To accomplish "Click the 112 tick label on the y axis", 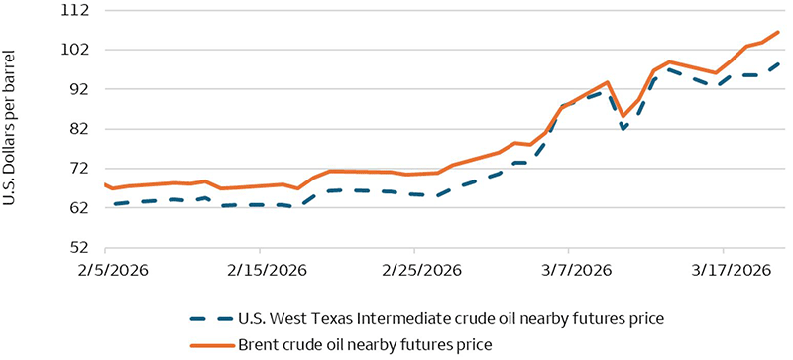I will [x=75, y=10].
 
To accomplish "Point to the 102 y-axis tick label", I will [x=75, y=50].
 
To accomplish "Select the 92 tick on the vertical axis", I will [x=78, y=89].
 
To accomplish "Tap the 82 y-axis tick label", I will [x=78, y=129].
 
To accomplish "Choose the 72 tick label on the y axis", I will [x=78, y=169].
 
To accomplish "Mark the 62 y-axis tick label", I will [x=78, y=208].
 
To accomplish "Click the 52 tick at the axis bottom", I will [x=78, y=248].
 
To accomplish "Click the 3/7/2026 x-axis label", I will [x=568, y=270].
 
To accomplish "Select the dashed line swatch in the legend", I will [x=209, y=319].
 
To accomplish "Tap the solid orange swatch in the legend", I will [x=209, y=344].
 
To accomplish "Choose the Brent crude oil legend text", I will [x=365, y=344].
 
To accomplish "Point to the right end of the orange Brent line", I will [x=779, y=32].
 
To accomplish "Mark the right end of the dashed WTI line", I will [x=779, y=63].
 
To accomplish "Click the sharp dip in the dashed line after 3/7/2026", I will [x=623, y=129].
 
